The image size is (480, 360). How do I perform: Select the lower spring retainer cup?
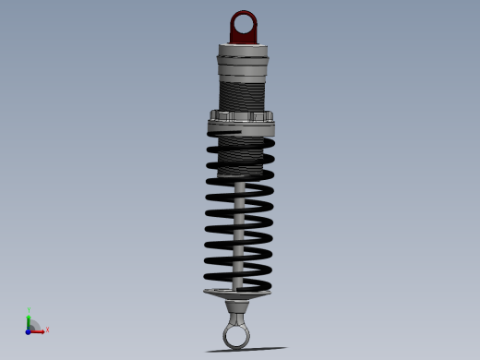(x=237, y=294)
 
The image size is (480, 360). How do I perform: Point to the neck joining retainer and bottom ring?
(x=238, y=308)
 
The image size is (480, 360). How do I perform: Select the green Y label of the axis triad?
(x=29, y=310)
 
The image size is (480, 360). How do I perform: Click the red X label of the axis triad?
(x=47, y=330)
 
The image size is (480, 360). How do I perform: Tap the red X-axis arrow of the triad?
(x=38, y=330)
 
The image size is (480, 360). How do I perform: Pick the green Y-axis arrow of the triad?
(x=29, y=320)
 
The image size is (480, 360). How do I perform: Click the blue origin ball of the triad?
(x=29, y=330)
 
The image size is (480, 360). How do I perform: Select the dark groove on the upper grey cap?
(x=244, y=59)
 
